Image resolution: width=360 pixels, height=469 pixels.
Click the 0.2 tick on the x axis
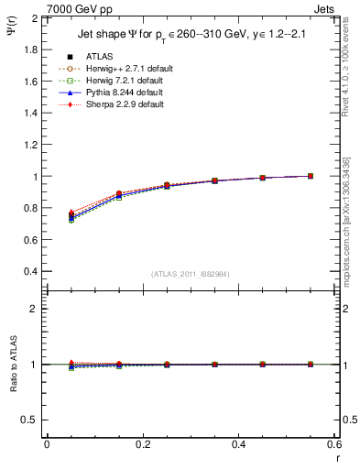coord(142,444)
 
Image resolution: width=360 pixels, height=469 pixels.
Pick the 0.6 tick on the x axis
coord(333,444)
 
